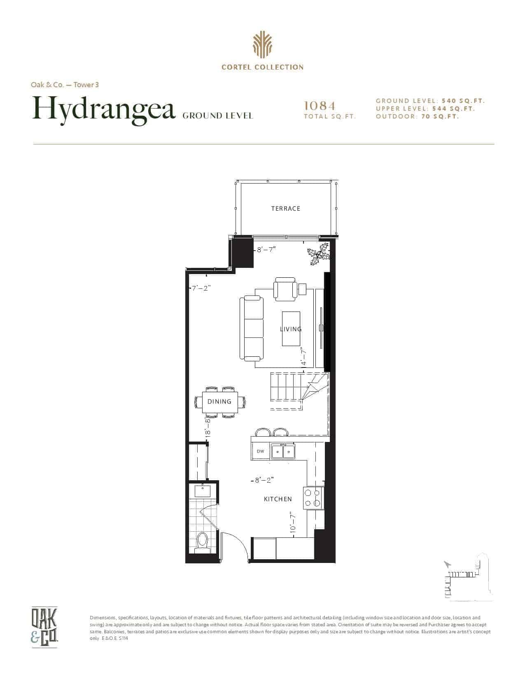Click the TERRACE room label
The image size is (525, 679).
pos(285,208)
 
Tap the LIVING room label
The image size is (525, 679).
pos(291,329)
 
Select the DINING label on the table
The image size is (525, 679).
pos(219,401)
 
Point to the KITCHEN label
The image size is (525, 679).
pos(278,499)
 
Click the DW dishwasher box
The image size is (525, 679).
pos(261,451)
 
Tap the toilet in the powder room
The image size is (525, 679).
pos(203,543)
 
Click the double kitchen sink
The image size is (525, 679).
pos(283,451)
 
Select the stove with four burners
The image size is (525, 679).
pos(313,498)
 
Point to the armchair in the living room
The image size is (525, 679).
pos(285,289)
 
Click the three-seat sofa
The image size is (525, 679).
pos(252,328)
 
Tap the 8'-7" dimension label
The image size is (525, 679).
pos(266,250)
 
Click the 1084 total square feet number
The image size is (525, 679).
pos(320,106)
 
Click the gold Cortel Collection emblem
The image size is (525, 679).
pos(262,45)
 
